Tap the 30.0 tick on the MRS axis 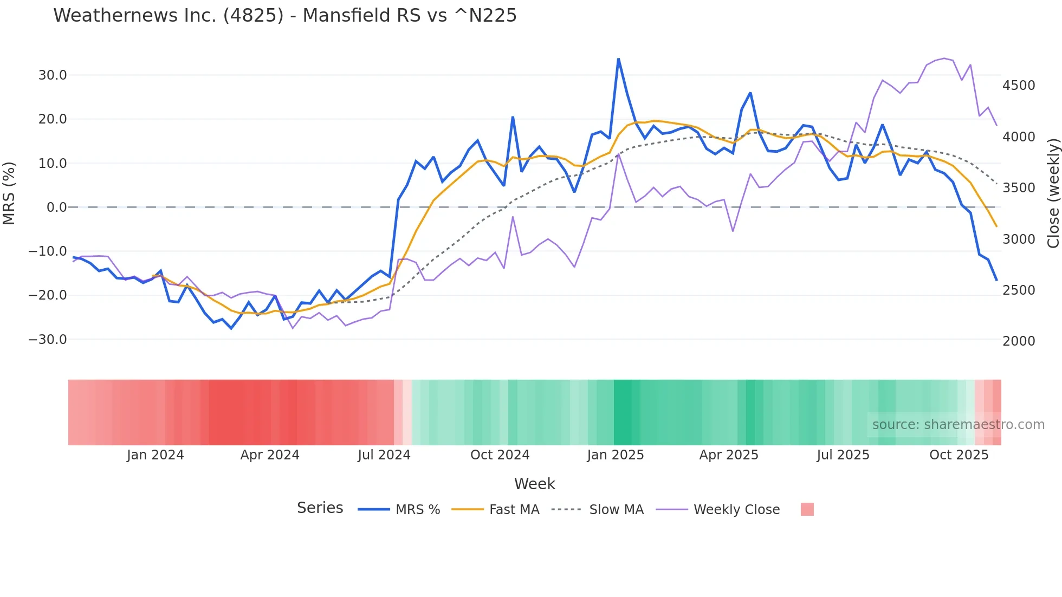coord(53,75)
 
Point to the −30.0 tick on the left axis coord(48,340)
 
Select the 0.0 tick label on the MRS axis coord(56,207)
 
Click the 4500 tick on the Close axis coord(1019,86)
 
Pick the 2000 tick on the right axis coord(1019,341)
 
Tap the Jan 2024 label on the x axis coord(156,455)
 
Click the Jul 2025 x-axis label coord(843,455)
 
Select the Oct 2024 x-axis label coord(500,455)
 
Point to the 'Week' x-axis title coord(534,484)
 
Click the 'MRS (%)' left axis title coord(9,193)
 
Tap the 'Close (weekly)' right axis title coord(1053,193)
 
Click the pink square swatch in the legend coord(807,509)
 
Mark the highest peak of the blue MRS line coord(618,59)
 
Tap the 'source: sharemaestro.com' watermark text coord(958,425)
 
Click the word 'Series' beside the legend coord(320,508)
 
